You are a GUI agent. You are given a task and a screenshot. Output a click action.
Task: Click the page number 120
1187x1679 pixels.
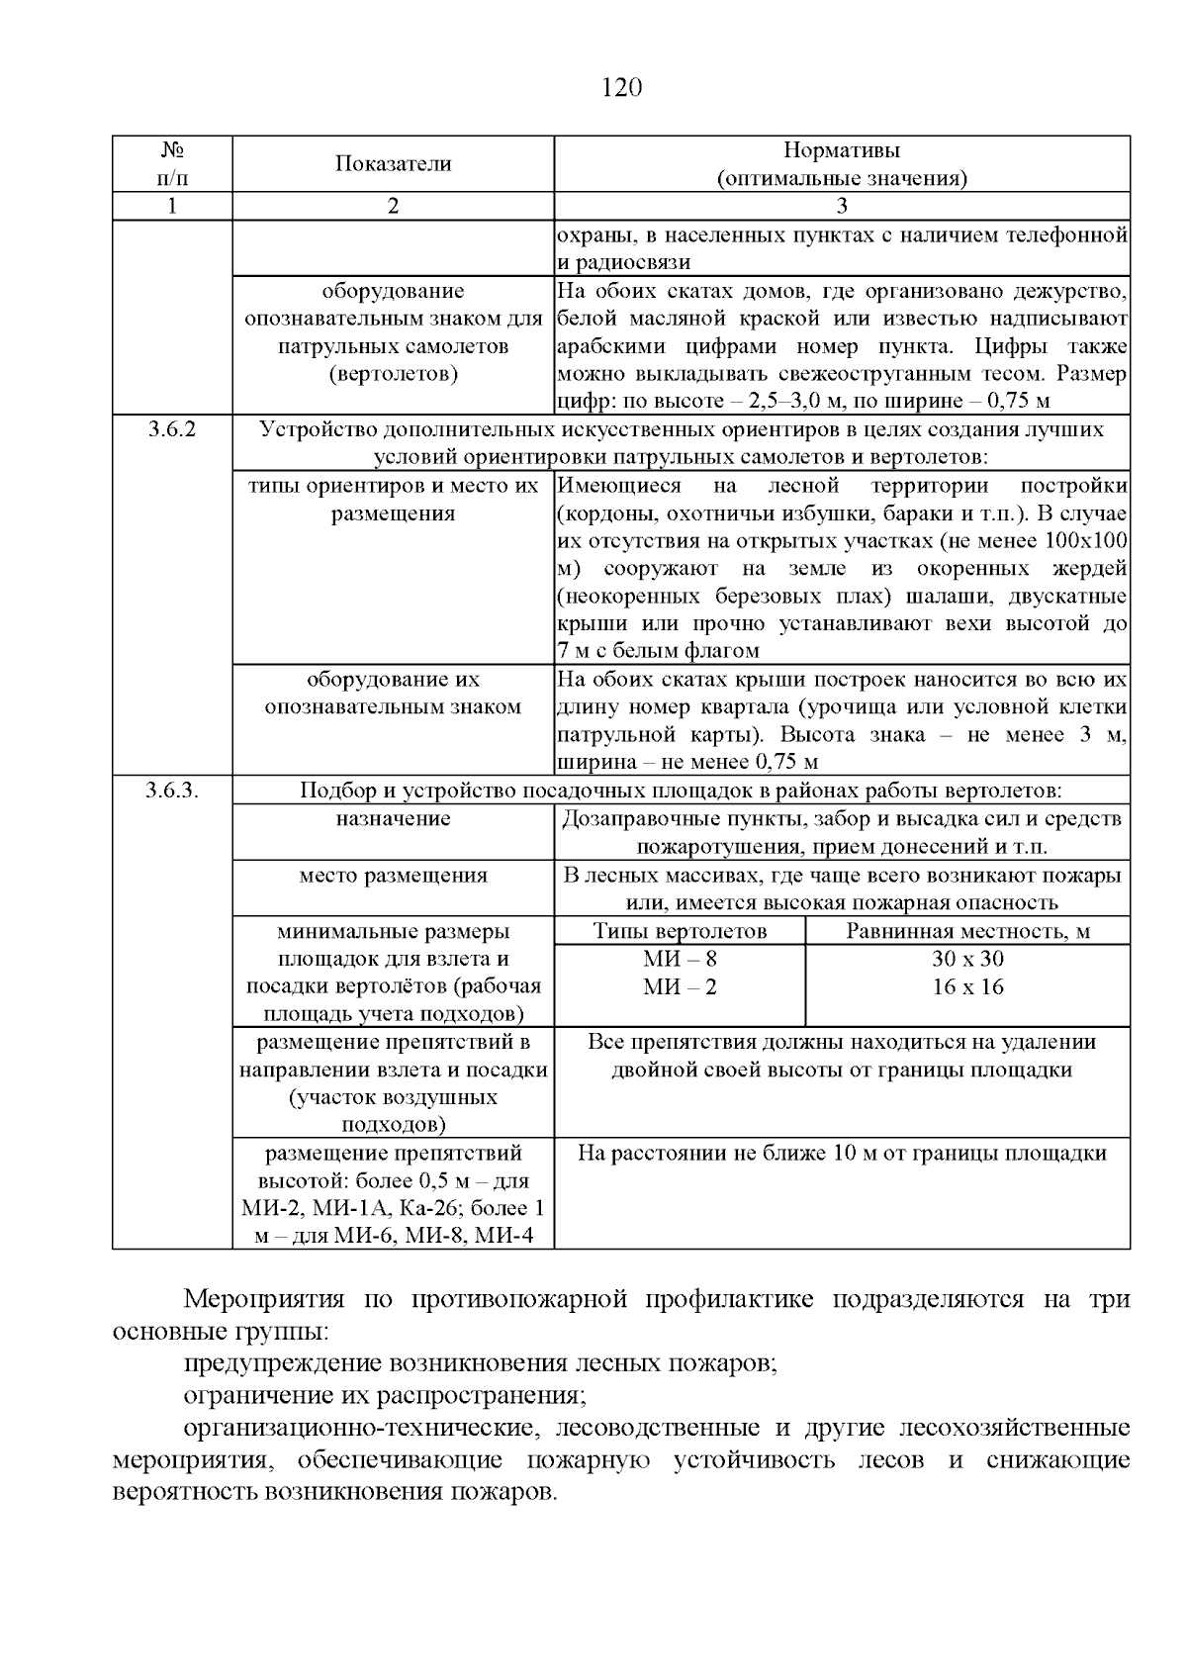[622, 88]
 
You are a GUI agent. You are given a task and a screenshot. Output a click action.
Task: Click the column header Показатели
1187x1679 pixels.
[393, 164]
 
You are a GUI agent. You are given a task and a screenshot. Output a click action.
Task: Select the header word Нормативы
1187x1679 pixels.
[842, 150]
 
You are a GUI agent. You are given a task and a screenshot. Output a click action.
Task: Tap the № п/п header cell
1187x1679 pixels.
[172, 164]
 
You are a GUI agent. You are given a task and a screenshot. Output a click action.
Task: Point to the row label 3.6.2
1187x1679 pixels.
[172, 430]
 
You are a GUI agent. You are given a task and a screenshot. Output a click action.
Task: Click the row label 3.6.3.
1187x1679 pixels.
[173, 791]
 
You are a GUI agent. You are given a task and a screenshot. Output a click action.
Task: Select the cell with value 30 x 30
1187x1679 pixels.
[967, 959]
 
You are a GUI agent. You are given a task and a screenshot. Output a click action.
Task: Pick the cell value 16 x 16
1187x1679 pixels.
[967, 986]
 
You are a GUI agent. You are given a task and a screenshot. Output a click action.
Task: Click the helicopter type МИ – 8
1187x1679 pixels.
[680, 959]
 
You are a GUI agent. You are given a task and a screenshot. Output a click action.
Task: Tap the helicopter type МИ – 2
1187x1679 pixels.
[680, 986]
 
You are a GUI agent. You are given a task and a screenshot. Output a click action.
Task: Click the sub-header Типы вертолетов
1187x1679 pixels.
[680, 931]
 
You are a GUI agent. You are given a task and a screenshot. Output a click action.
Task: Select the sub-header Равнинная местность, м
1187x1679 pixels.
[967, 931]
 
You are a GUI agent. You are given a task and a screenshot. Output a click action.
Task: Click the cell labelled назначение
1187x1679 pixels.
[393, 818]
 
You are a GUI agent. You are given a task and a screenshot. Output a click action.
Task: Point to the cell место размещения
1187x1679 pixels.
[393, 876]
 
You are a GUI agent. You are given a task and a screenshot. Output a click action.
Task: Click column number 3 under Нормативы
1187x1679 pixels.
[842, 206]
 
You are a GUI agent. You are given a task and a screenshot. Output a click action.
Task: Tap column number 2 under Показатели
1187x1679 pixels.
[393, 206]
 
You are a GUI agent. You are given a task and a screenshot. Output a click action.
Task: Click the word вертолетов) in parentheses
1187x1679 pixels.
[393, 375]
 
